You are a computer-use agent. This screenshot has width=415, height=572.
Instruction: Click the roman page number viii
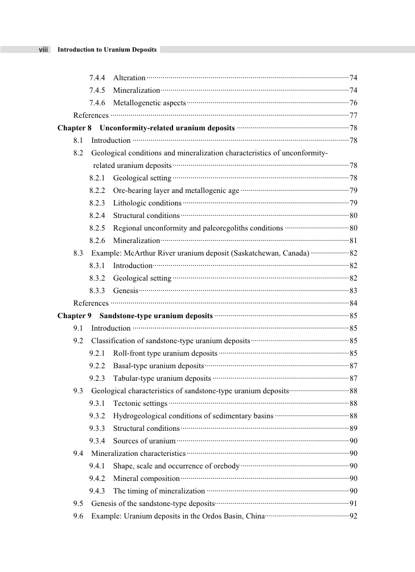(x=43, y=50)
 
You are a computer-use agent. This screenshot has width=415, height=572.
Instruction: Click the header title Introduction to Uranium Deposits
(x=107, y=50)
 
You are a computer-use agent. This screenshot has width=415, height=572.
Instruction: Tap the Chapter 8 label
(x=75, y=128)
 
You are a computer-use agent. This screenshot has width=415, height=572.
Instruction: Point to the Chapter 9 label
(x=75, y=316)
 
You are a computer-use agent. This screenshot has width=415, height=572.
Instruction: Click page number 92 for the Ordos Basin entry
(x=353, y=516)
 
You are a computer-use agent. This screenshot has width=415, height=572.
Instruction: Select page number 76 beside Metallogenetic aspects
(x=353, y=103)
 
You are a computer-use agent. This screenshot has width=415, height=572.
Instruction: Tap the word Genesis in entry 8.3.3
(x=125, y=291)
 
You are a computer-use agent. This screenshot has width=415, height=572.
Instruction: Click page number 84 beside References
(x=353, y=303)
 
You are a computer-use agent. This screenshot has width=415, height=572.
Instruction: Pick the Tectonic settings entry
(x=140, y=404)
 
